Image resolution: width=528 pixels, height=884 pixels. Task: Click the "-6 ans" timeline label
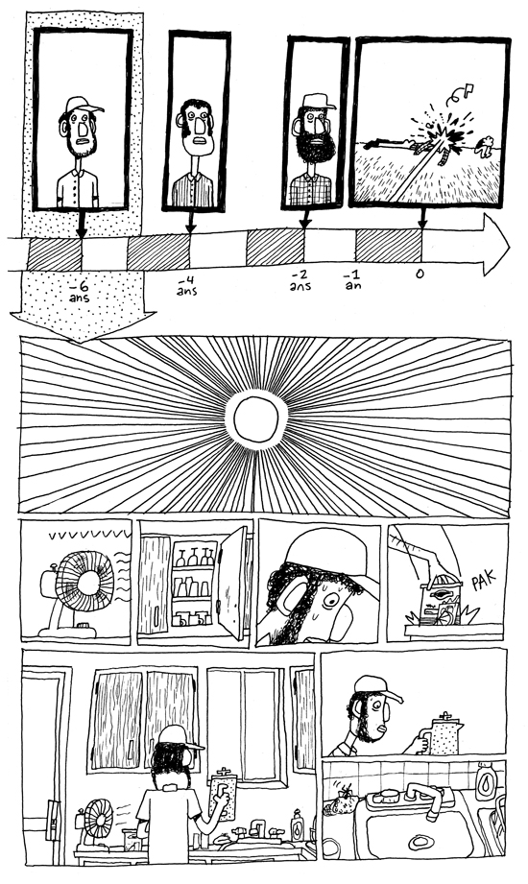pyautogui.click(x=80, y=293)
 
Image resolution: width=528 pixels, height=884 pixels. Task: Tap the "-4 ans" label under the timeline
pyautogui.click(x=186, y=286)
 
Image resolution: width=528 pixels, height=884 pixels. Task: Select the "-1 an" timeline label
pyautogui.click(x=353, y=280)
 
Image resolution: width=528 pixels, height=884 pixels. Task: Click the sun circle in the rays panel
pyautogui.click(x=256, y=419)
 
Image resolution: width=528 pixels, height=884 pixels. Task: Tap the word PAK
pyautogui.click(x=484, y=581)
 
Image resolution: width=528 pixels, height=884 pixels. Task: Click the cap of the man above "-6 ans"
pyautogui.click(x=83, y=106)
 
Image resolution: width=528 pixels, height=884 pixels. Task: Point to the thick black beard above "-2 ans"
pyautogui.click(x=315, y=145)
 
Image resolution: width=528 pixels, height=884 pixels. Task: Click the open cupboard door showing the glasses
pyautogui.click(x=233, y=583)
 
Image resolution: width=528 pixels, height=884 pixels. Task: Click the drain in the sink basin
pyautogui.click(x=420, y=843)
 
